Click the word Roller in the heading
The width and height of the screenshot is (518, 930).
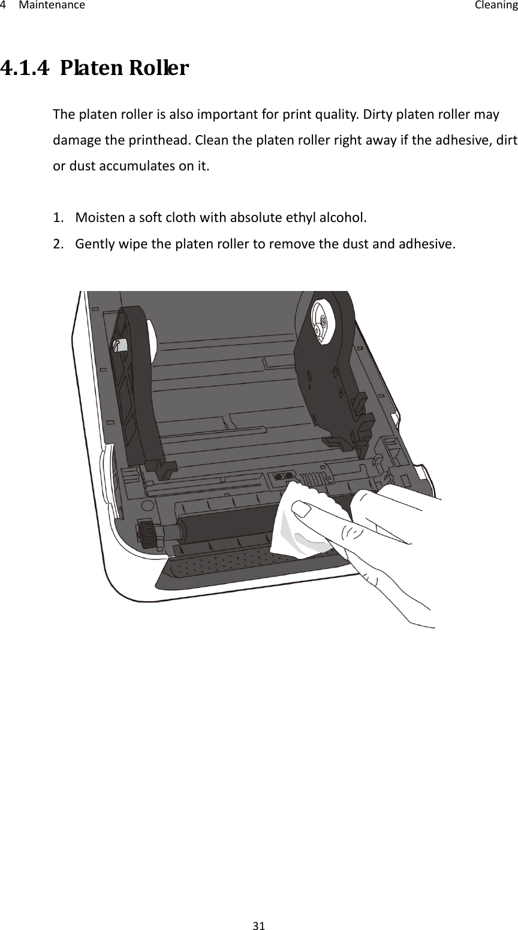[x=159, y=70]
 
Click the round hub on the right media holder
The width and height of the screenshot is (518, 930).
[x=321, y=320]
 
